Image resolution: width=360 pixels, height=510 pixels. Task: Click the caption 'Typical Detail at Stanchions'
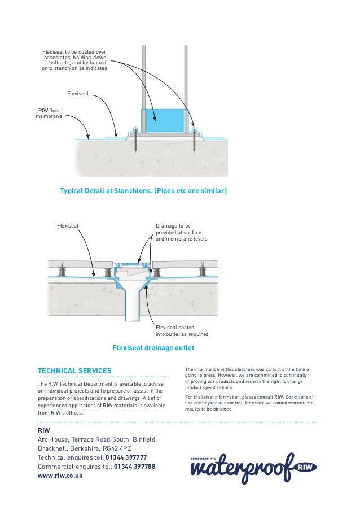(x=143, y=191)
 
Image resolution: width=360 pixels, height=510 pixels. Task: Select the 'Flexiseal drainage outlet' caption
(x=153, y=347)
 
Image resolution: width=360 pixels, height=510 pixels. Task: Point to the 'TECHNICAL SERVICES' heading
(x=74, y=371)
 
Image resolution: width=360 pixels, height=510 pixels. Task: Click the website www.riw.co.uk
(x=60, y=476)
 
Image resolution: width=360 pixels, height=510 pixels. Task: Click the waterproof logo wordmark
(x=243, y=467)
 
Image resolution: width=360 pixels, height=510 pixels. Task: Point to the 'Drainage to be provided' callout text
(x=181, y=232)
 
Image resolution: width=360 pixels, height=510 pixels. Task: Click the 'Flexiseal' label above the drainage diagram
(x=68, y=226)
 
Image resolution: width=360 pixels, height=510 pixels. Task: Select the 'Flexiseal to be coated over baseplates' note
(x=74, y=60)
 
